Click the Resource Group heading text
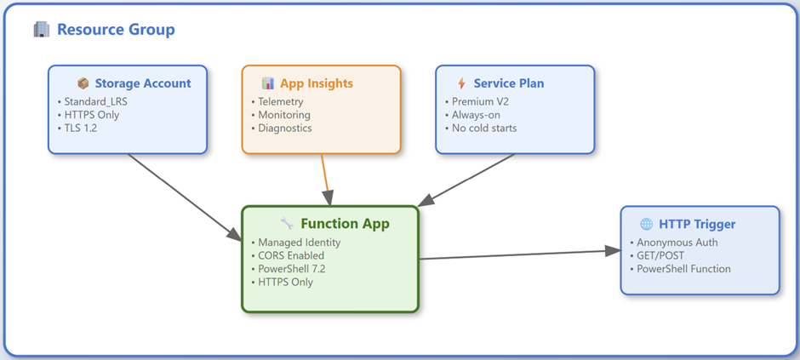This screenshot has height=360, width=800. click(x=116, y=30)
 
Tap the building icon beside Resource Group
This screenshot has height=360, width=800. click(x=42, y=30)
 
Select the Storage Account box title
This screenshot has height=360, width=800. click(x=143, y=83)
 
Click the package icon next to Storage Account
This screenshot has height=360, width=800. click(x=83, y=83)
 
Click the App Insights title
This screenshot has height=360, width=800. click(x=317, y=83)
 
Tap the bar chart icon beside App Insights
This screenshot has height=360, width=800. click(x=268, y=83)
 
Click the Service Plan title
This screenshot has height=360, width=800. click(x=509, y=83)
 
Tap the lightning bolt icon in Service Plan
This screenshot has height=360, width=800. click(x=462, y=83)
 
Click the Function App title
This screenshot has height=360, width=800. click(x=345, y=223)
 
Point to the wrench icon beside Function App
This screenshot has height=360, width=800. click(x=287, y=223)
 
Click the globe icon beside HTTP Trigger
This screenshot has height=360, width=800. click(x=647, y=224)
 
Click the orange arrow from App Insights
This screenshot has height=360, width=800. click(x=325, y=180)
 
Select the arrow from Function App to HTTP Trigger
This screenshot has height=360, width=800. click(x=519, y=254)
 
